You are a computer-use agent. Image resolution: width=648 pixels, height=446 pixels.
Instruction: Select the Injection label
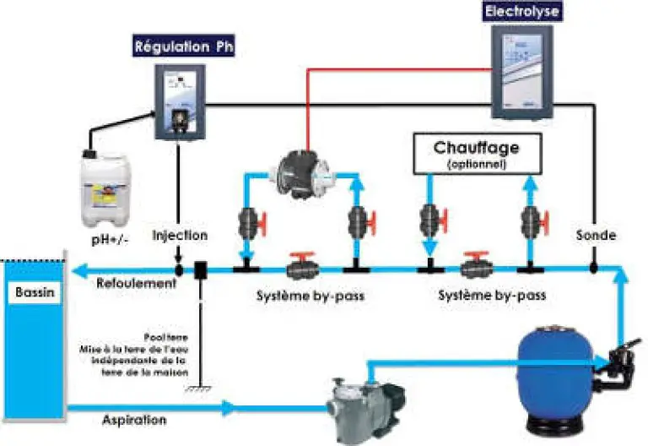point(180,236)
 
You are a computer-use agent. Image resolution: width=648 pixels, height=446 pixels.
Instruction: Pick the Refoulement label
point(136,284)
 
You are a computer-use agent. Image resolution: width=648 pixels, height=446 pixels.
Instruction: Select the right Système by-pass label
point(492,296)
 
